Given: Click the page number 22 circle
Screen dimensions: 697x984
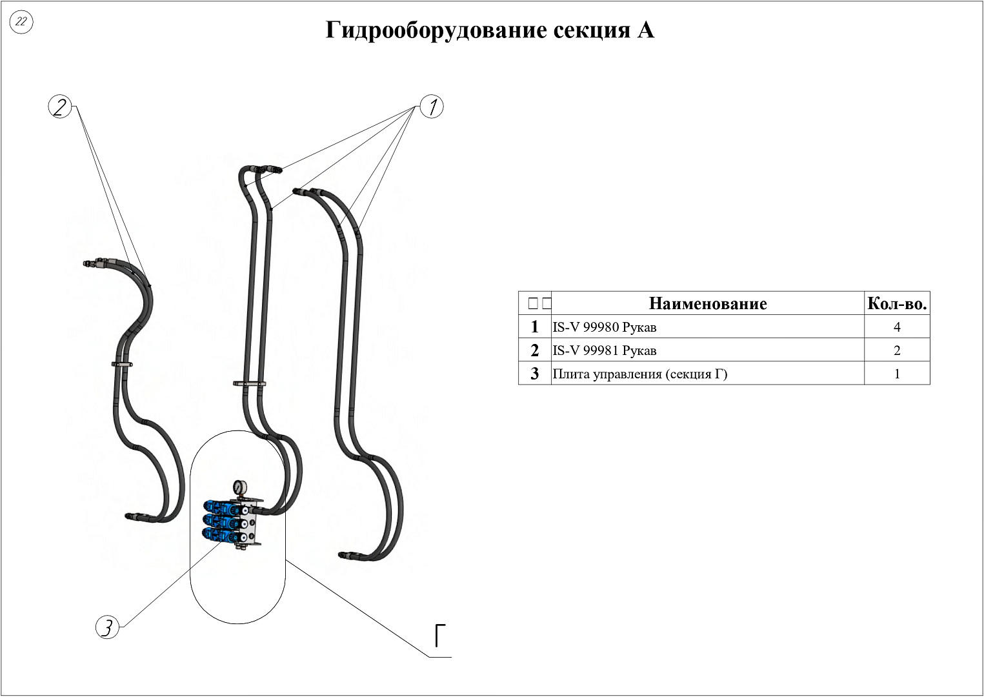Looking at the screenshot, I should point(21,22).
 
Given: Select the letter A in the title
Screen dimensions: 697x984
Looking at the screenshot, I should point(645,30).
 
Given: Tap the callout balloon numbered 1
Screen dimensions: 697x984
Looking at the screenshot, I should point(432,106).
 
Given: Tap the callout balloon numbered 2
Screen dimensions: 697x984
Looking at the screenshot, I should point(60,106).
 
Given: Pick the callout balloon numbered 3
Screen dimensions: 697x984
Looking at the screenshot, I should point(108,627).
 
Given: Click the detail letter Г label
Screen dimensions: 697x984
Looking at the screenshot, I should point(441,636).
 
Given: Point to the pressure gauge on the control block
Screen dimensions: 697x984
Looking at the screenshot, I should point(239,487).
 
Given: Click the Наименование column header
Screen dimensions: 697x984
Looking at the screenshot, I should point(708,303).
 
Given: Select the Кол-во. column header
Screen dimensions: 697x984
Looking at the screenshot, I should point(897,303).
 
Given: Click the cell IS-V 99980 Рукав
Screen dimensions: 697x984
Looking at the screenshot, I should point(605,327).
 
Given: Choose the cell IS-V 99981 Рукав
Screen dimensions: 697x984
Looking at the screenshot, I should point(605,350).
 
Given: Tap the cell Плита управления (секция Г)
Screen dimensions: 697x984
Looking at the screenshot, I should point(640,374).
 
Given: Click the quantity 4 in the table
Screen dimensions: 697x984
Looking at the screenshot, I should point(897,327).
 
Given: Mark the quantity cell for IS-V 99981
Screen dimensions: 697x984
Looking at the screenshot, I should point(897,350).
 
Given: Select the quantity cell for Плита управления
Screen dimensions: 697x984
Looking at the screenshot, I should point(897,374).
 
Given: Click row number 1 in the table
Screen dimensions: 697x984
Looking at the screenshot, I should point(534,327).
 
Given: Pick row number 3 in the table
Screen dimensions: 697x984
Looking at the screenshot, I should point(534,374).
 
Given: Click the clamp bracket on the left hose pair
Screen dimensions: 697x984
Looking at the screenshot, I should point(123,365).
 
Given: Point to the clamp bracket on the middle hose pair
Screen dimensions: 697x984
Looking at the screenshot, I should point(250,384).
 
